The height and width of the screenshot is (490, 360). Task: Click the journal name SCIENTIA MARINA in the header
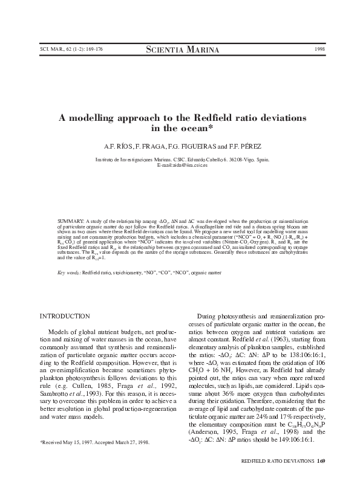(179, 49)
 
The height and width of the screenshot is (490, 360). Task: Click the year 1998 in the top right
(319, 49)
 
